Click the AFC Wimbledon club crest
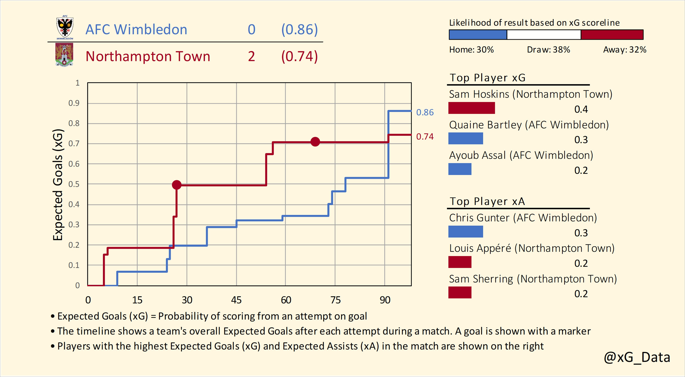click(x=65, y=28)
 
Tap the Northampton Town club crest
click(x=64, y=55)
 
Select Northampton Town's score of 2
click(x=251, y=56)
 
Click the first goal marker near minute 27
click(x=177, y=185)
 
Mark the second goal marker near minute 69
click(x=315, y=142)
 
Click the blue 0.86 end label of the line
click(x=425, y=112)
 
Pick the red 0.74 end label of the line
click(x=425, y=137)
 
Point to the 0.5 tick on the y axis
click(x=74, y=184)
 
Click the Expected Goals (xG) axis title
click(x=58, y=185)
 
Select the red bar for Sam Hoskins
click(x=471, y=108)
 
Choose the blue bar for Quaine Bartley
click(x=465, y=138)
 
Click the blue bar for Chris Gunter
click(x=465, y=232)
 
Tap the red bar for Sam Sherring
click(x=460, y=292)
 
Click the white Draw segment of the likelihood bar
click(x=544, y=35)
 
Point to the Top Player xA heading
click(x=487, y=202)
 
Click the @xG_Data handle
click(x=637, y=357)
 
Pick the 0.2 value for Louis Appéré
click(x=581, y=263)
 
